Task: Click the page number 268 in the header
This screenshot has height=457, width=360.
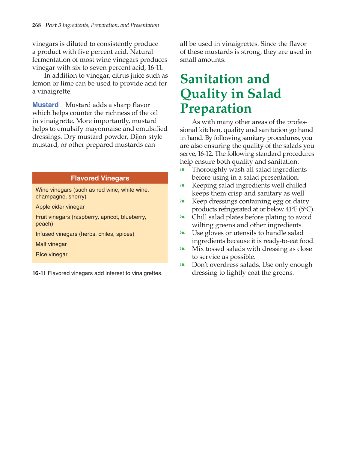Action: point(36,25)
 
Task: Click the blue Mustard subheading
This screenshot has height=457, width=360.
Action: point(45,105)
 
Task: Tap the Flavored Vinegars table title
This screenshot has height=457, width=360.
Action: point(100,178)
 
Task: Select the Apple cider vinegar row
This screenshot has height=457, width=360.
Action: point(60,207)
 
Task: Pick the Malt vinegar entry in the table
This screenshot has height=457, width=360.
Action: point(51,244)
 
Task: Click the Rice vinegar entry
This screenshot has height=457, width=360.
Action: point(52,254)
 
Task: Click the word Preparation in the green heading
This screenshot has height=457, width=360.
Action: point(216,109)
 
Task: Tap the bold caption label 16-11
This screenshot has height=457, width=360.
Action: point(39,273)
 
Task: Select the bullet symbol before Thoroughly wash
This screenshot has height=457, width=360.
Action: point(183,170)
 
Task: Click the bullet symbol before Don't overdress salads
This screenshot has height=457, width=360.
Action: point(183,265)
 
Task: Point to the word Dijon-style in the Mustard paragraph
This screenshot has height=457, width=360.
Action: point(146,137)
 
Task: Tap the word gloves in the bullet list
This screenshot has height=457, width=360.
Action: point(214,233)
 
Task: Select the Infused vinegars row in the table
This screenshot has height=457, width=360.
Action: point(85,234)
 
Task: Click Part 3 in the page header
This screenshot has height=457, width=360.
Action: point(53,25)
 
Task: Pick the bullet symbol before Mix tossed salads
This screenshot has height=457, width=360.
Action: point(183,249)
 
